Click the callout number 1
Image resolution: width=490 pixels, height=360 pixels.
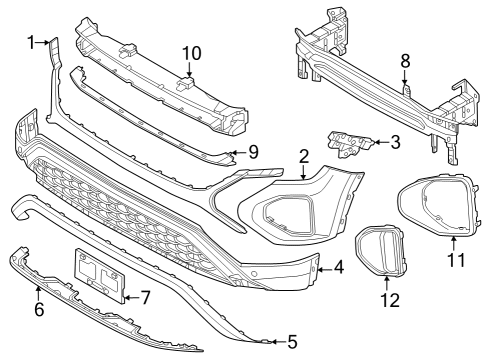pyautogui.click(x=31, y=43)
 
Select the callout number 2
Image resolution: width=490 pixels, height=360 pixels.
pyautogui.click(x=304, y=157)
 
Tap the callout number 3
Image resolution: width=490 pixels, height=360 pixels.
pyautogui.click(x=395, y=142)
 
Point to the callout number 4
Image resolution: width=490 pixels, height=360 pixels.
pyautogui.click(x=338, y=268)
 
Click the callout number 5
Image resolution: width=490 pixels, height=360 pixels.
pyautogui.click(x=292, y=342)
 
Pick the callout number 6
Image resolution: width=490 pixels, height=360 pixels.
pyautogui.click(x=39, y=310)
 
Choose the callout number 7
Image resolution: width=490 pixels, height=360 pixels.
pyautogui.click(x=145, y=298)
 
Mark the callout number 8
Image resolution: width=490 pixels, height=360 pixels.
pyautogui.click(x=405, y=61)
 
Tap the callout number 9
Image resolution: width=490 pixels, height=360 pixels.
pyautogui.click(x=253, y=153)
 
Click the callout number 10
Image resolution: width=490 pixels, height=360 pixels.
pyautogui.click(x=192, y=53)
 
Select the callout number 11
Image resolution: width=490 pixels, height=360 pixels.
pyautogui.click(x=456, y=260)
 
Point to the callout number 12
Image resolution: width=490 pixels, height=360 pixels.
pyautogui.click(x=390, y=300)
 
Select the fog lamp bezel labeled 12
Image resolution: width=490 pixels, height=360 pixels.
pyautogui.click(x=381, y=251)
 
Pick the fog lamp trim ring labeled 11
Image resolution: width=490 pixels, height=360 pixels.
pyautogui.click(x=439, y=204)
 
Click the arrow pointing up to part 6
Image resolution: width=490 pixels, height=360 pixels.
pyautogui.click(x=39, y=294)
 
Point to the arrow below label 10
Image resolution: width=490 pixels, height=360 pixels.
pyautogui.click(x=189, y=71)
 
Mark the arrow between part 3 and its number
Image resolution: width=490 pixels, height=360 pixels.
pyautogui.click(x=381, y=142)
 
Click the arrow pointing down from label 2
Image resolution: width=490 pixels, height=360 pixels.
pyautogui.click(x=303, y=172)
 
